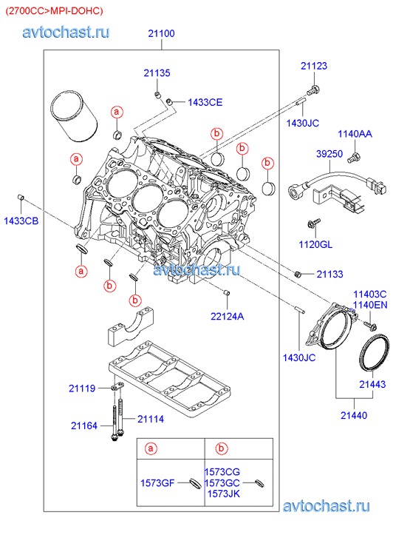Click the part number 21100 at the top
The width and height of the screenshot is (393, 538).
(161, 33)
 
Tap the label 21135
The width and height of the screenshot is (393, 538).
(157, 73)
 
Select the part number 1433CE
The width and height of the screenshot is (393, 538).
(205, 102)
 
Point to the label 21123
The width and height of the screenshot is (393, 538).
(314, 66)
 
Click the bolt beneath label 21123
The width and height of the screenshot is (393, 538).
(312, 90)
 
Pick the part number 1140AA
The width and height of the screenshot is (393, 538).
(355, 133)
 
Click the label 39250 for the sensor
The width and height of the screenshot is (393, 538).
(329, 153)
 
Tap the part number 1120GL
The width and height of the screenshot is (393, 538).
(315, 244)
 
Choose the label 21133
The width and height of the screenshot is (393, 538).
(329, 274)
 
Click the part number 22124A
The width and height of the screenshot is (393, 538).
(228, 316)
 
